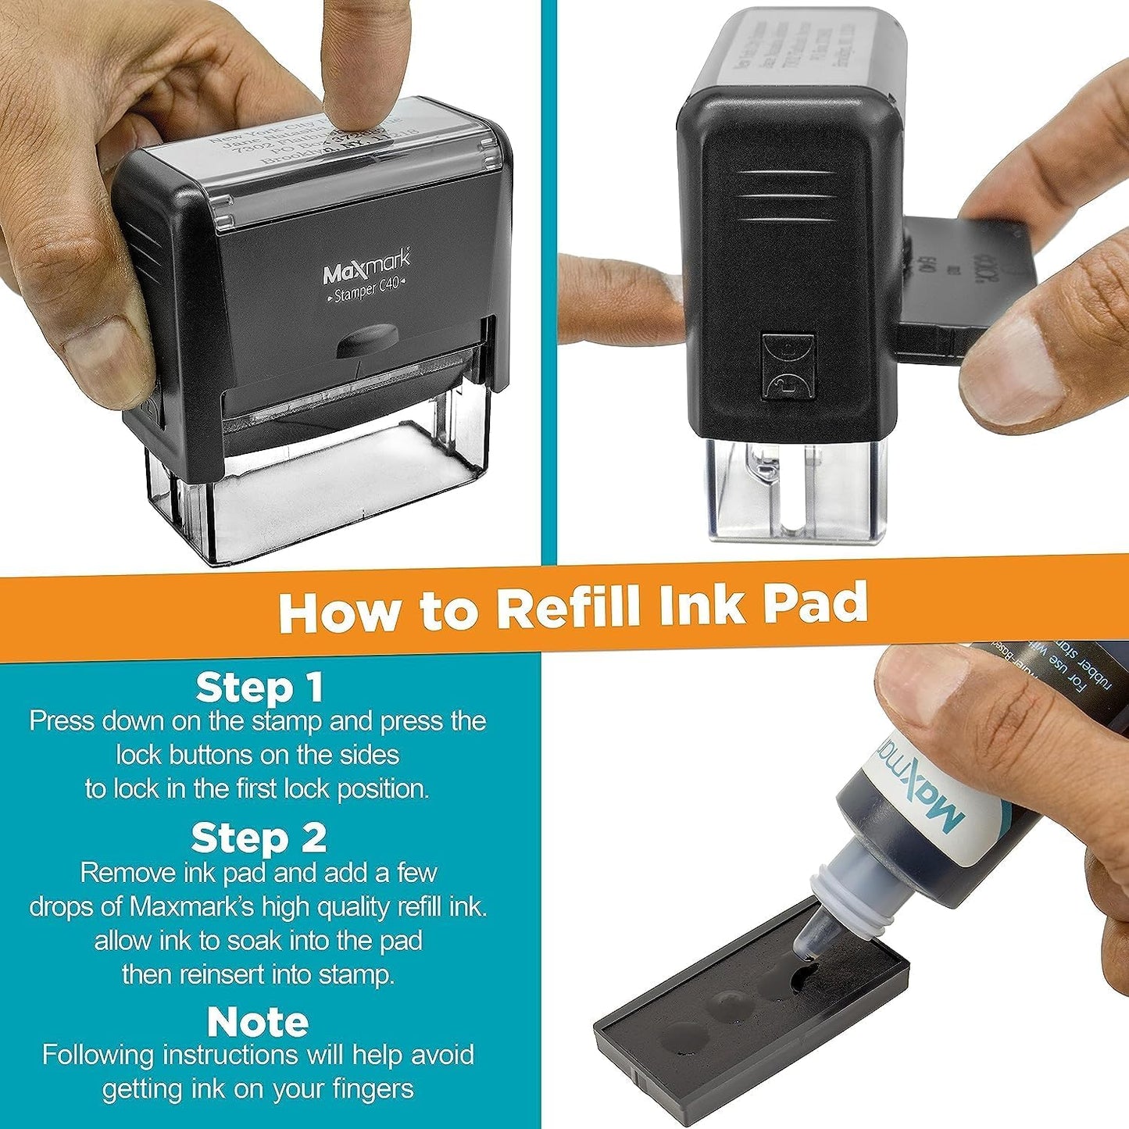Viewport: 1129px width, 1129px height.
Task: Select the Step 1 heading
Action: point(259,688)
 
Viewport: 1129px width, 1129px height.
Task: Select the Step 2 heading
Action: point(259,838)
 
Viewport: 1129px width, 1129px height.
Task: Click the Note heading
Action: point(258,1021)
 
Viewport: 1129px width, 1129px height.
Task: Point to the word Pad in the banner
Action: point(815,603)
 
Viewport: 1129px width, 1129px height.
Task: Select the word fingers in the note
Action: point(370,1088)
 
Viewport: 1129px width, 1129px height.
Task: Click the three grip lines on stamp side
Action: point(783,195)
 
